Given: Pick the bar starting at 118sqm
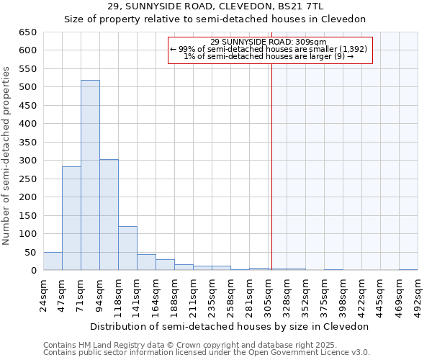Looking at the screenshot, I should tap(127, 248).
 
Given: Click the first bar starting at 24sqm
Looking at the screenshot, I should tap(53, 261).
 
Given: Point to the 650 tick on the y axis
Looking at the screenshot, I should tap(28, 32).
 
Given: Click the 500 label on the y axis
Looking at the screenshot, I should tap(28, 87).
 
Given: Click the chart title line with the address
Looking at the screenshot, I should tap(215, 6).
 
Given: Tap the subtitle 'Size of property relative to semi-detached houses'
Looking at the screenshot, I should tap(215, 19).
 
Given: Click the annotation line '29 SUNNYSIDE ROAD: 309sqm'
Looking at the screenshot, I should tap(269, 42).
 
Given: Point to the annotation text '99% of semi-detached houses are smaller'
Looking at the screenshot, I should tap(269, 49).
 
